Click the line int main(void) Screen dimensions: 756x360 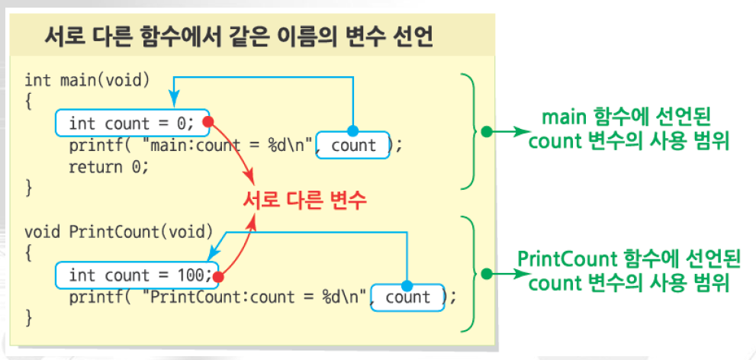[x=87, y=79]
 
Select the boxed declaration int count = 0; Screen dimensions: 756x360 [x=131, y=122]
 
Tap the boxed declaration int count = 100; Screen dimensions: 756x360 [x=136, y=275]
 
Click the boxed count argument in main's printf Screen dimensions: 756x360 [x=353, y=145]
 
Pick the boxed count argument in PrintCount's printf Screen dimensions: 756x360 [x=408, y=297]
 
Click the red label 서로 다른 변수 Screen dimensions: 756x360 [x=305, y=200]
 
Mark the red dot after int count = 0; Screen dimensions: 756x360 [x=207, y=121]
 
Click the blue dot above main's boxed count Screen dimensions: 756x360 [x=352, y=130]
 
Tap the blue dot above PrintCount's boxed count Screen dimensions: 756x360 [x=407, y=283]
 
